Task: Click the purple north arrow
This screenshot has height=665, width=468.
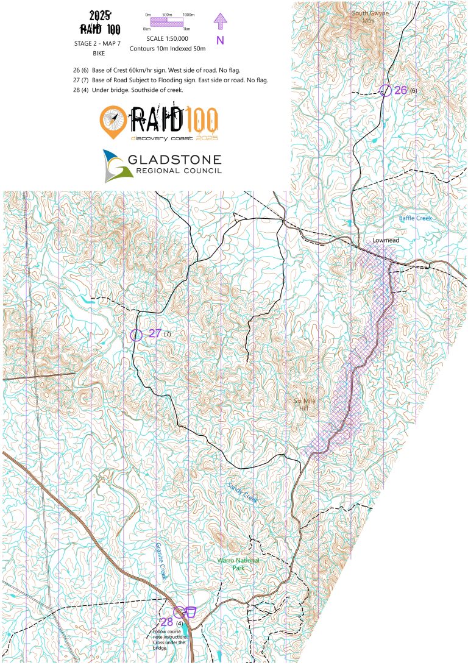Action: (220, 21)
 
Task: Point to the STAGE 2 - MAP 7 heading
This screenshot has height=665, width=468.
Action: (98, 44)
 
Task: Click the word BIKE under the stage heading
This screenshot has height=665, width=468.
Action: (98, 54)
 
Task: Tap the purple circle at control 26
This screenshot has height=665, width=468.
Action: (385, 90)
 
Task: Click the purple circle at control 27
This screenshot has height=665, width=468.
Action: (136, 334)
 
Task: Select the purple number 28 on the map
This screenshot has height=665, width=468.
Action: (167, 622)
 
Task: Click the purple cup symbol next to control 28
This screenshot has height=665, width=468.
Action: (190, 611)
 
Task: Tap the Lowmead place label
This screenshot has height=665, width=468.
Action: (386, 241)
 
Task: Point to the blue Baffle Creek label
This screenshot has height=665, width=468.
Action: (415, 218)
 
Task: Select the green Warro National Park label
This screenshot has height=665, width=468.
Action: (239, 564)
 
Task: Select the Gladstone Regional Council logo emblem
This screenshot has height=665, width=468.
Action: (115, 166)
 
